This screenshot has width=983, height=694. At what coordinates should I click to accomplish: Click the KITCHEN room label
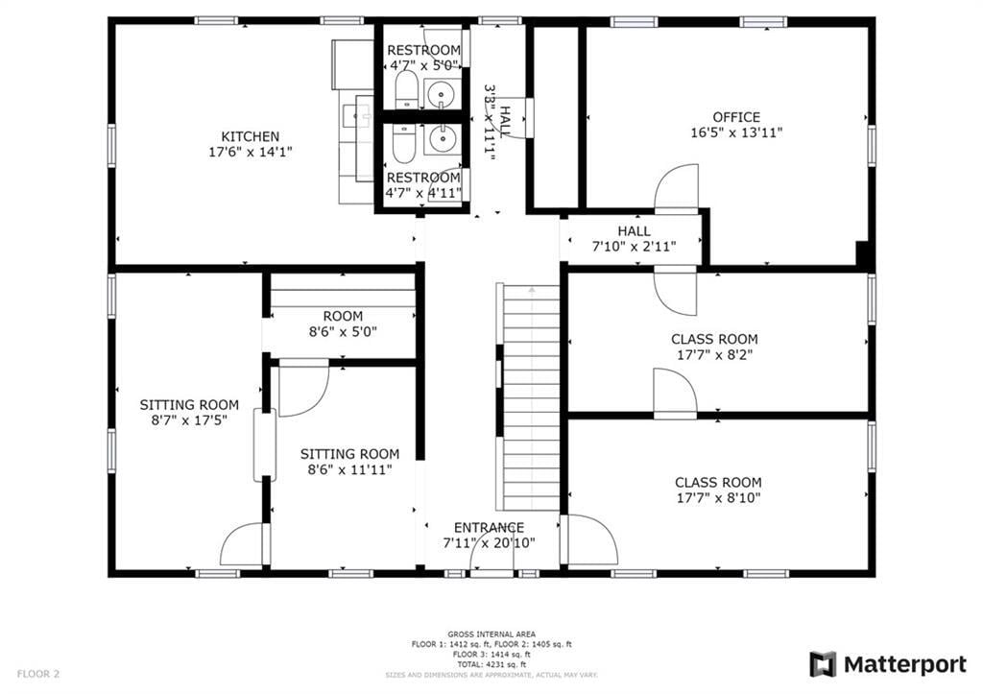click(251, 136)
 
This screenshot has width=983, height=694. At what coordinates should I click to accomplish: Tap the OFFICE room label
click(736, 117)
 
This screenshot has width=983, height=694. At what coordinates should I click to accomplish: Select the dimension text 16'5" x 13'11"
click(736, 133)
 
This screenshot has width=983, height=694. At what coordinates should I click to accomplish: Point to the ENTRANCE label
click(489, 527)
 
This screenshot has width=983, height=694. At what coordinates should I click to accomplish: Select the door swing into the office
click(678, 186)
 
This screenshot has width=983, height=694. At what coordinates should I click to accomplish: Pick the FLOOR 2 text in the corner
click(38, 674)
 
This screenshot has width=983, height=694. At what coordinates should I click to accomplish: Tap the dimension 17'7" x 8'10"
click(718, 498)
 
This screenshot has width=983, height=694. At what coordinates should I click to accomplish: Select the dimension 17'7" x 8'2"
click(714, 354)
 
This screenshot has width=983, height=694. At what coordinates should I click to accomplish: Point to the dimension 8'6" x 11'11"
click(350, 469)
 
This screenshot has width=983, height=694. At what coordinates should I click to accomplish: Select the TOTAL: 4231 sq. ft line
click(491, 664)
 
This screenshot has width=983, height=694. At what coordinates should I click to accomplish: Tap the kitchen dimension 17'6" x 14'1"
click(251, 152)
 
